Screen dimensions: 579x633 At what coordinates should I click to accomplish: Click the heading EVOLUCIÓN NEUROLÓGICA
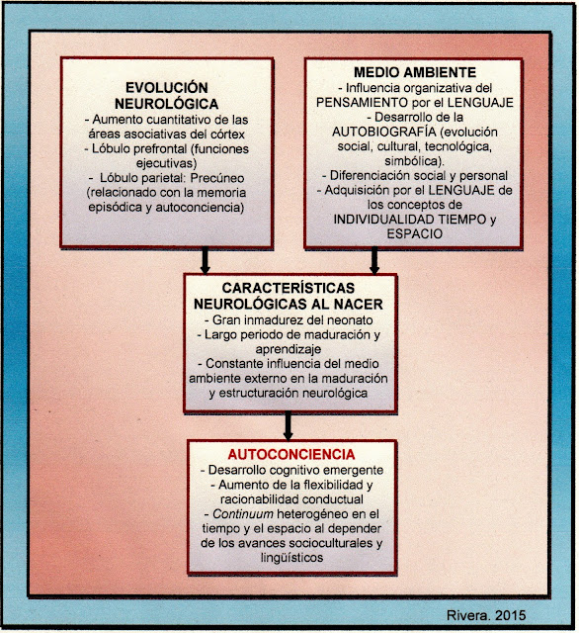coord(167,96)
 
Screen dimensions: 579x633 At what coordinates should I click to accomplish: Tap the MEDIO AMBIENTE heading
coord(415,72)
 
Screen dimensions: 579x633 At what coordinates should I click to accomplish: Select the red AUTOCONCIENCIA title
coord(291,455)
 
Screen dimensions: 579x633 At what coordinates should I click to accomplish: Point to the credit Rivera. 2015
coord(486,615)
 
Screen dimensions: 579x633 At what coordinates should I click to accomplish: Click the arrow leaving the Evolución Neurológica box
coord(206,261)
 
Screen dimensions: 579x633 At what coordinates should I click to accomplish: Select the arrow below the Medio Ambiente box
coord(374,261)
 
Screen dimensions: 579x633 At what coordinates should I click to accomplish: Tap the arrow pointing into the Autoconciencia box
coord(288,426)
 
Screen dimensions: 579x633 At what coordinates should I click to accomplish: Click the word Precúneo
coord(217,178)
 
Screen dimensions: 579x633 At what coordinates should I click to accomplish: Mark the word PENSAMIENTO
coord(362,103)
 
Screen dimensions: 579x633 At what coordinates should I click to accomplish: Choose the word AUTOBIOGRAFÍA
coord(383,132)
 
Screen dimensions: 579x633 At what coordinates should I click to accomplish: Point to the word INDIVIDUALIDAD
coord(383,220)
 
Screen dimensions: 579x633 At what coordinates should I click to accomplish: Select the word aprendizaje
coord(289,349)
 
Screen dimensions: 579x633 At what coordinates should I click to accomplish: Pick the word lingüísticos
coord(291,558)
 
